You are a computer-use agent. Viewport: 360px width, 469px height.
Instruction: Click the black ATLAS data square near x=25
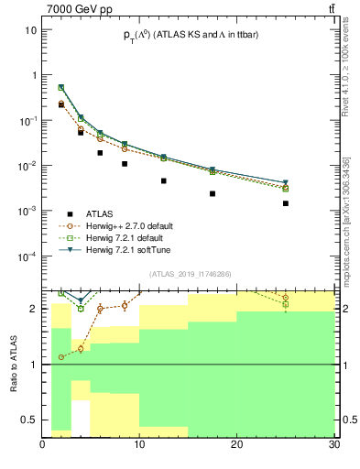(x=286, y=203)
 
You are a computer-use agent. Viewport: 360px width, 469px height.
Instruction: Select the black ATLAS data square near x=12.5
(x=164, y=181)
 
